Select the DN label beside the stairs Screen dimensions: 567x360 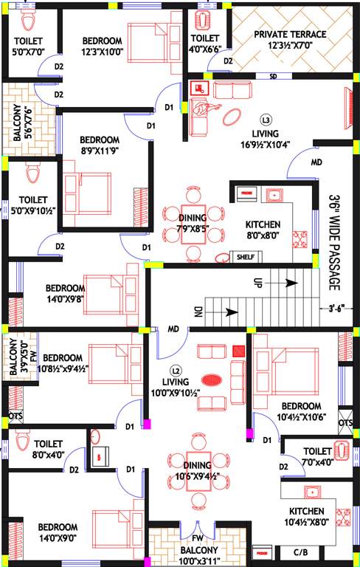coord(198,312)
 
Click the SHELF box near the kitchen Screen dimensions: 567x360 coord(245,257)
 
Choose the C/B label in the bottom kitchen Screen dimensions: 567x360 coord(300,551)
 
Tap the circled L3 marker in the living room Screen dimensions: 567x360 coord(266,119)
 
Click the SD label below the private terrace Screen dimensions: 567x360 coord(272,76)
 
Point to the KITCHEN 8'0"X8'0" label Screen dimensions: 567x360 coord(262,230)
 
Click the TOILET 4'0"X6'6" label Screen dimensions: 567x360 coord(204,44)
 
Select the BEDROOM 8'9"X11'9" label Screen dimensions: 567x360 coord(100,145)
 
